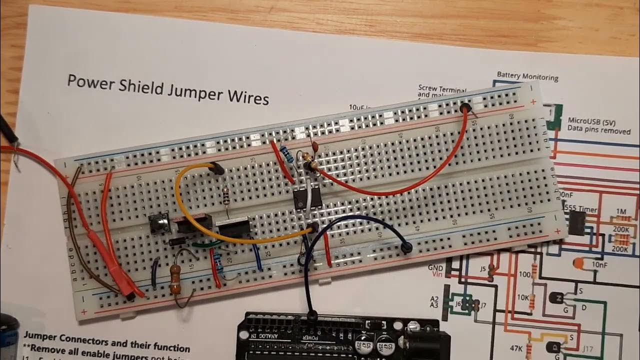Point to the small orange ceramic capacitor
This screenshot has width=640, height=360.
click(x=315, y=145)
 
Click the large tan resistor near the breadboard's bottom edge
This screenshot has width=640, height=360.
click(x=175, y=279)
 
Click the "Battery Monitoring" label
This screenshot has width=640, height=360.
click(x=527, y=76)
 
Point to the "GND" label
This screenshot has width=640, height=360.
click(x=435, y=268)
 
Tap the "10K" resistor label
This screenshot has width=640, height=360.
click(x=523, y=297)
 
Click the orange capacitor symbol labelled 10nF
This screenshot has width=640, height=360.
click(x=579, y=263)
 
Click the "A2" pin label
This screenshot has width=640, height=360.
click(x=434, y=299)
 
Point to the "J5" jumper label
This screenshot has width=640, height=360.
click(x=483, y=269)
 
